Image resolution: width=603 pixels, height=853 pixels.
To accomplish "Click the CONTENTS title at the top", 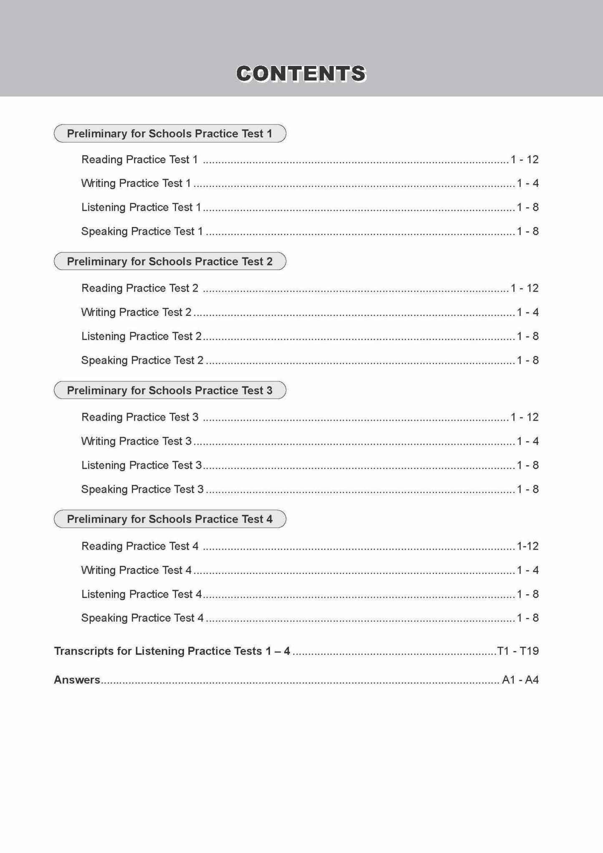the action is (x=301, y=73).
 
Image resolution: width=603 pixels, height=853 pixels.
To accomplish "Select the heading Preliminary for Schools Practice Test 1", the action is (x=169, y=134).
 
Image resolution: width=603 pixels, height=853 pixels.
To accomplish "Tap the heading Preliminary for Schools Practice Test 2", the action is (x=169, y=261).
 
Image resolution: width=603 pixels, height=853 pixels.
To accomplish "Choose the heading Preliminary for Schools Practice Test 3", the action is (x=169, y=390).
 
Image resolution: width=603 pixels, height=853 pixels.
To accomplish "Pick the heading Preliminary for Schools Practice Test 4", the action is (x=169, y=519).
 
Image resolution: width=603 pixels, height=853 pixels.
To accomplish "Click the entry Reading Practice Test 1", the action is (x=139, y=159).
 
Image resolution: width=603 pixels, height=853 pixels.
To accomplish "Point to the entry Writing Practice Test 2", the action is (x=136, y=312).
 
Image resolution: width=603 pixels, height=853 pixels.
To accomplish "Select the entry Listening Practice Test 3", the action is (x=141, y=465).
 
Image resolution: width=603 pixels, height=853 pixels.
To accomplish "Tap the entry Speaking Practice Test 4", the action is (x=142, y=618).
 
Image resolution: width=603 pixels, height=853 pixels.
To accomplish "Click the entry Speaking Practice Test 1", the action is (x=142, y=231).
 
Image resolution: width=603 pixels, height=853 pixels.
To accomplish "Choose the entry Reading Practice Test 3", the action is (x=140, y=417).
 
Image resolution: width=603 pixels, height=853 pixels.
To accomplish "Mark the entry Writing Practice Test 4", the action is (x=136, y=570).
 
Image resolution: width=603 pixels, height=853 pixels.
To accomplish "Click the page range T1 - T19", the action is (x=518, y=651).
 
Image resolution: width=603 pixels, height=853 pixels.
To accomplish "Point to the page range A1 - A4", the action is (x=520, y=680).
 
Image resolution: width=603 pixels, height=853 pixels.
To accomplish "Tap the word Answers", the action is (x=77, y=680).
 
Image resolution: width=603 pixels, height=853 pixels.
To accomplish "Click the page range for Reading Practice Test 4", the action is (x=527, y=546).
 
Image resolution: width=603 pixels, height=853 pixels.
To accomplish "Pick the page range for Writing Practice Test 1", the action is (x=527, y=183).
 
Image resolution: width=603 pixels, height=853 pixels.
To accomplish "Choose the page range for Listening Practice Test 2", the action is (x=527, y=336).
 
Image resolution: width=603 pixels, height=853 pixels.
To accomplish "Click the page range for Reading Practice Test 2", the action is (x=525, y=288).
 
